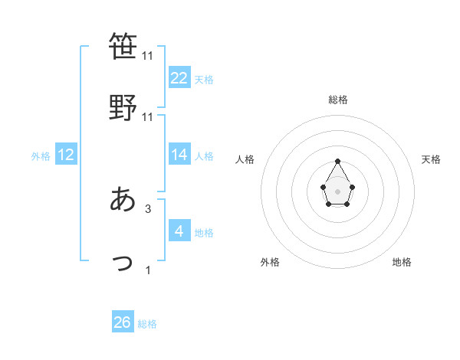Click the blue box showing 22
(x=179, y=77)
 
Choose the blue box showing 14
(x=179, y=155)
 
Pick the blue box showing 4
(x=179, y=231)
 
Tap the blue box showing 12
(x=66, y=155)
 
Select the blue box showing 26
(x=123, y=322)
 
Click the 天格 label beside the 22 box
(x=204, y=79)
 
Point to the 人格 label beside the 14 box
(x=204, y=156)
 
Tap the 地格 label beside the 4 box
(x=204, y=232)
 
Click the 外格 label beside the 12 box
(x=41, y=156)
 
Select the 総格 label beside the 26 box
(x=147, y=324)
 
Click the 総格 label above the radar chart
(x=337, y=100)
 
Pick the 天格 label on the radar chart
(x=432, y=159)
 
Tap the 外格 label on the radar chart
(x=270, y=262)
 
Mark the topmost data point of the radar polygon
(x=337, y=161)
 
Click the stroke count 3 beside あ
(x=148, y=208)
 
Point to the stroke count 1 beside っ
(x=148, y=270)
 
